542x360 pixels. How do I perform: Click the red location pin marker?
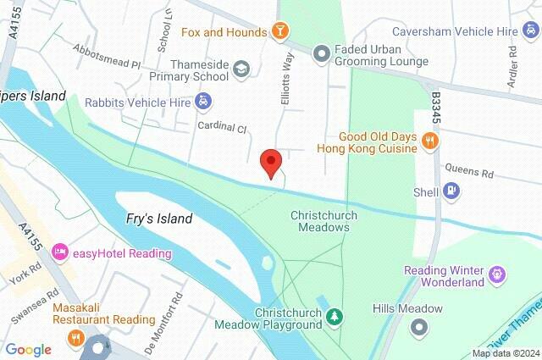coord(270,162)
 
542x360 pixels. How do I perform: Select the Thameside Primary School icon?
coord(241,68)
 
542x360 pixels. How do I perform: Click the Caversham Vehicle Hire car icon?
coord(532,31)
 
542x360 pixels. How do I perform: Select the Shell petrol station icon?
coord(453,191)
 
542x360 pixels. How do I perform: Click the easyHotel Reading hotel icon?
coord(60,252)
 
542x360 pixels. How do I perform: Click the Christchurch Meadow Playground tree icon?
coord(336,317)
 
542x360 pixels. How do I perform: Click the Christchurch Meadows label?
coord(324,222)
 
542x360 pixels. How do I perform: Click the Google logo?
coord(28,350)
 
